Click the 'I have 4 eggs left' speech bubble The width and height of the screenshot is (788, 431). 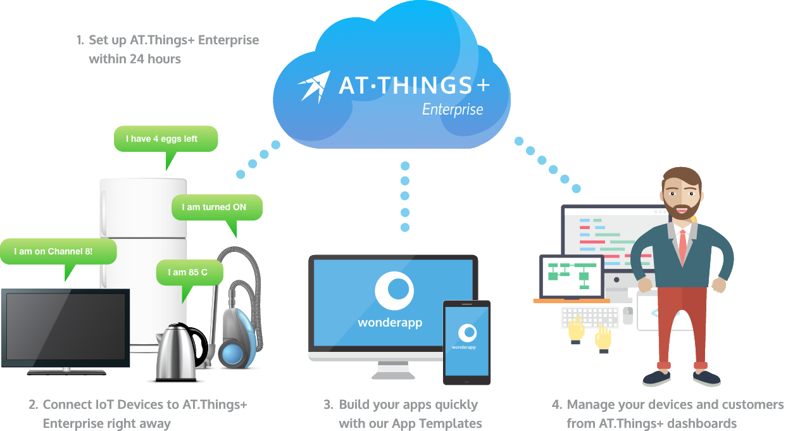[165, 139]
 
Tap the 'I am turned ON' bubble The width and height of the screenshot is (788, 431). [216, 207]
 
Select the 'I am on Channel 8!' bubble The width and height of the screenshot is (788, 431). [58, 251]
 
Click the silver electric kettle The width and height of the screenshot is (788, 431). [177, 353]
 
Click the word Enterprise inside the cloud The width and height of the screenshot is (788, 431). [453, 109]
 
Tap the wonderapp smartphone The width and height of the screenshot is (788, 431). [466, 342]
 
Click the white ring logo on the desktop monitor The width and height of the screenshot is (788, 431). [394, 290]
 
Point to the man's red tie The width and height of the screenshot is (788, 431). [682, 244]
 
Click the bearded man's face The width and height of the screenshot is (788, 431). [682, 196]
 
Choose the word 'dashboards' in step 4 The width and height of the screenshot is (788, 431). [703, 423]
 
